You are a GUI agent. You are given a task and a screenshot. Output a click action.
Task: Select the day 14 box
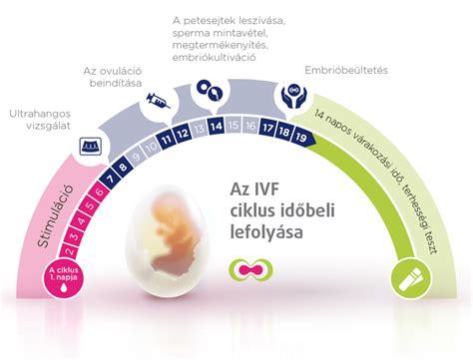(x=216, y=128)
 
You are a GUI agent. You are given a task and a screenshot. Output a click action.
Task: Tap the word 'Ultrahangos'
(x=39, y=113)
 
